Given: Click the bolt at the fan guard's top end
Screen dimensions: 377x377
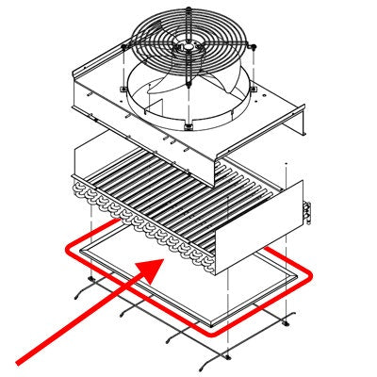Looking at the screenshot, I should [188, 9].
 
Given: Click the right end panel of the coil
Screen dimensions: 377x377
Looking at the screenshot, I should [266, 226].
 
